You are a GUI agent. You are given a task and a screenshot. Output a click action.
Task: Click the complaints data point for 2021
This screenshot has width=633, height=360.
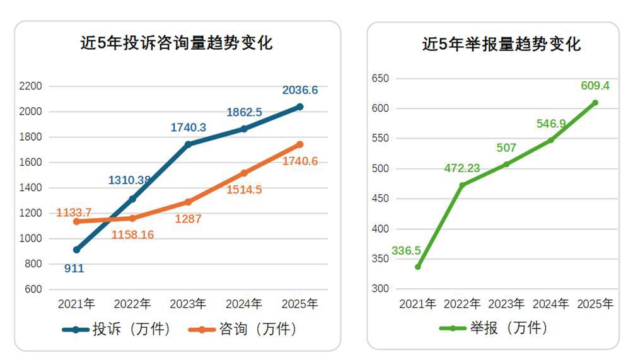coord(76,250)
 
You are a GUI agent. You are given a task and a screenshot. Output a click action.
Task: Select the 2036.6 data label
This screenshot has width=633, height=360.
coord(300,90)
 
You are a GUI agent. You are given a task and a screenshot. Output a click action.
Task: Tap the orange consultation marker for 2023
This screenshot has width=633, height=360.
coord(188,202)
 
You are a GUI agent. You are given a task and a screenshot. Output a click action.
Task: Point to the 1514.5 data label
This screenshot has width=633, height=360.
coord(244,189)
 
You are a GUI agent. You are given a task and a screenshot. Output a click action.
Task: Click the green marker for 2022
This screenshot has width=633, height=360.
coord(462,185)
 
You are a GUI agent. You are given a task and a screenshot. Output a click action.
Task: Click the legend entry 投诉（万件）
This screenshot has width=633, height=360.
coord(117,328)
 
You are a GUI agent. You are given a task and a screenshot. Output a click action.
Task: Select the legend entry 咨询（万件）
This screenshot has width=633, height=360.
coord(243,328)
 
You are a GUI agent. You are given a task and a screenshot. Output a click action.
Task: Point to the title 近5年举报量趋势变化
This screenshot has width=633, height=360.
coord(501,44)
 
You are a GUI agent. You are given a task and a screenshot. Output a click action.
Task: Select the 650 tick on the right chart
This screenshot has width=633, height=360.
coord(380,78)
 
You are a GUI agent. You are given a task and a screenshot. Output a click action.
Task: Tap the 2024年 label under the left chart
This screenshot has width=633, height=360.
coord(243,304)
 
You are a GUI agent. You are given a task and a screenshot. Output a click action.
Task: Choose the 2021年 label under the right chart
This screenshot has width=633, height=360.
coord(417,304)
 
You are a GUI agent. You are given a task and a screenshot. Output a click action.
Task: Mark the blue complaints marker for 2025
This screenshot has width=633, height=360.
coord(299,107)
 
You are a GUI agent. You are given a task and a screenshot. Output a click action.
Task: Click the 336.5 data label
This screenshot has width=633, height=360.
coord(406,250)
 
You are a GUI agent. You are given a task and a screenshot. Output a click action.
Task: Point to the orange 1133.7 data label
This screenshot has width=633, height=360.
coord(74,212)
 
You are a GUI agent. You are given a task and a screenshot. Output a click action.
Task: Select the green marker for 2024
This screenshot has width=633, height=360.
coord(550,140)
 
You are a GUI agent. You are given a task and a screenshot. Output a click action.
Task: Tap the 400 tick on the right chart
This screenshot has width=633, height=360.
coord(380,229)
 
